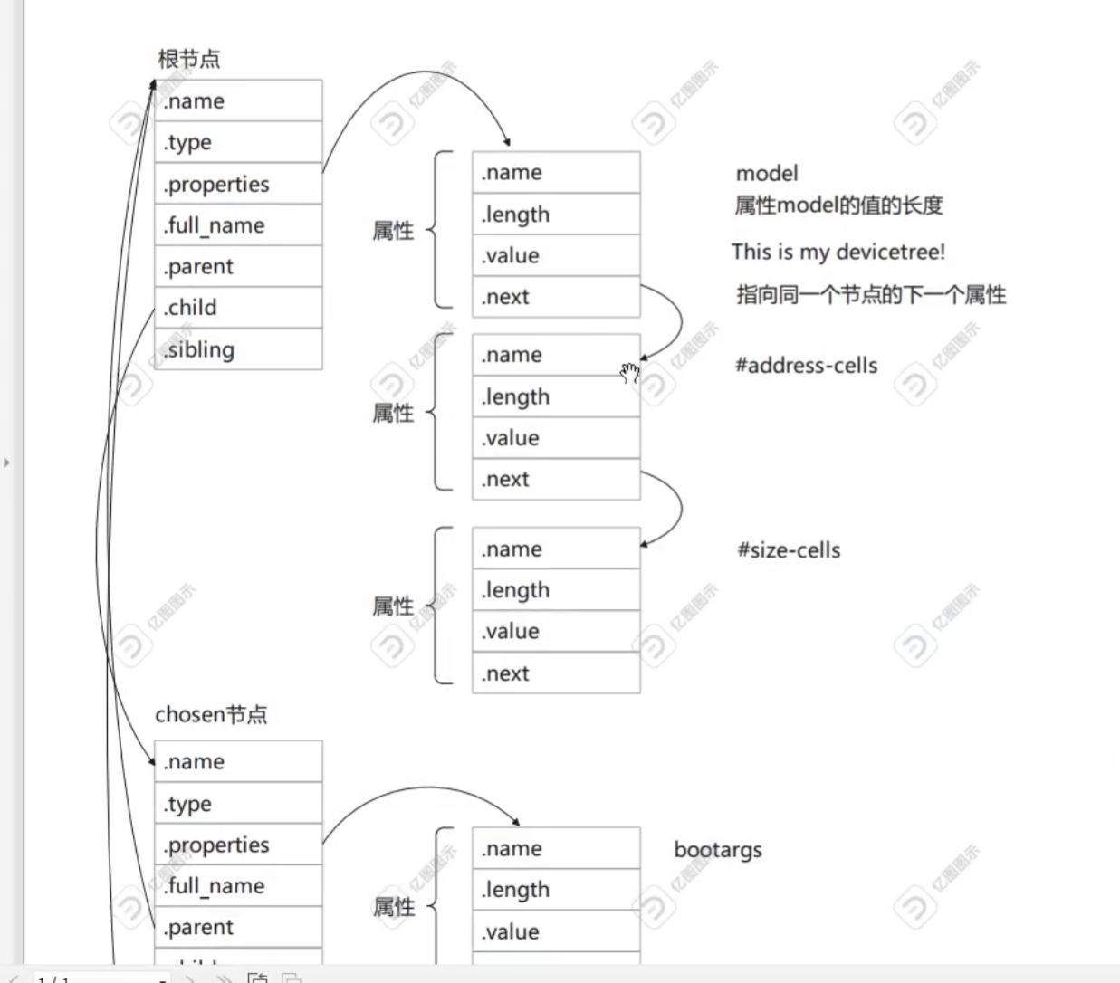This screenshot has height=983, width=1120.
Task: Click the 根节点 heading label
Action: point(189,60)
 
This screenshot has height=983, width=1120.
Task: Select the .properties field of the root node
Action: point(238,184)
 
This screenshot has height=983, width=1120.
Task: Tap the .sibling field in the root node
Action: point(238,349)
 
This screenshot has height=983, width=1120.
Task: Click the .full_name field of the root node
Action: point(238,224)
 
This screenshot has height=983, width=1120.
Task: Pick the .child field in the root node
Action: point(238,308)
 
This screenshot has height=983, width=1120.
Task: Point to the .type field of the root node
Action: point(238,142)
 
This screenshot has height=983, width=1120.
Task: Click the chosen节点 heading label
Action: point(211,715)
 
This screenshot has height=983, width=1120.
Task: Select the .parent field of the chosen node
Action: point(238,928)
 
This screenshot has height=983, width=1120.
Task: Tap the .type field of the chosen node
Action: point(238,804)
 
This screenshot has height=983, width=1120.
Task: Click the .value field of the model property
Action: point(556,256)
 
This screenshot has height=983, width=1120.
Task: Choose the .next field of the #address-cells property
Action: point(556,480)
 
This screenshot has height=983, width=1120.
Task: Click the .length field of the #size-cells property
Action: point(556,590)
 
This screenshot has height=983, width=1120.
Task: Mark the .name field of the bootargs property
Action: point(556,849)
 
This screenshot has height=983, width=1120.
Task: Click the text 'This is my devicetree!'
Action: point(838,252)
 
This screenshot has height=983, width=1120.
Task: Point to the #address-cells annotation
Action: point(807,366)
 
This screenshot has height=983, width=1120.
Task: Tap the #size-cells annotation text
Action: point(789,550)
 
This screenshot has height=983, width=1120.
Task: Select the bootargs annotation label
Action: point(718,850)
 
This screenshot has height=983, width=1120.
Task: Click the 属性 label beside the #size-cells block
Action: point(393,606)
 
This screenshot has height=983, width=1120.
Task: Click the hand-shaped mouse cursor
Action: point(630,373)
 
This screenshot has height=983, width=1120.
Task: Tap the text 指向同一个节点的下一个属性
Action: point(871,295)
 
